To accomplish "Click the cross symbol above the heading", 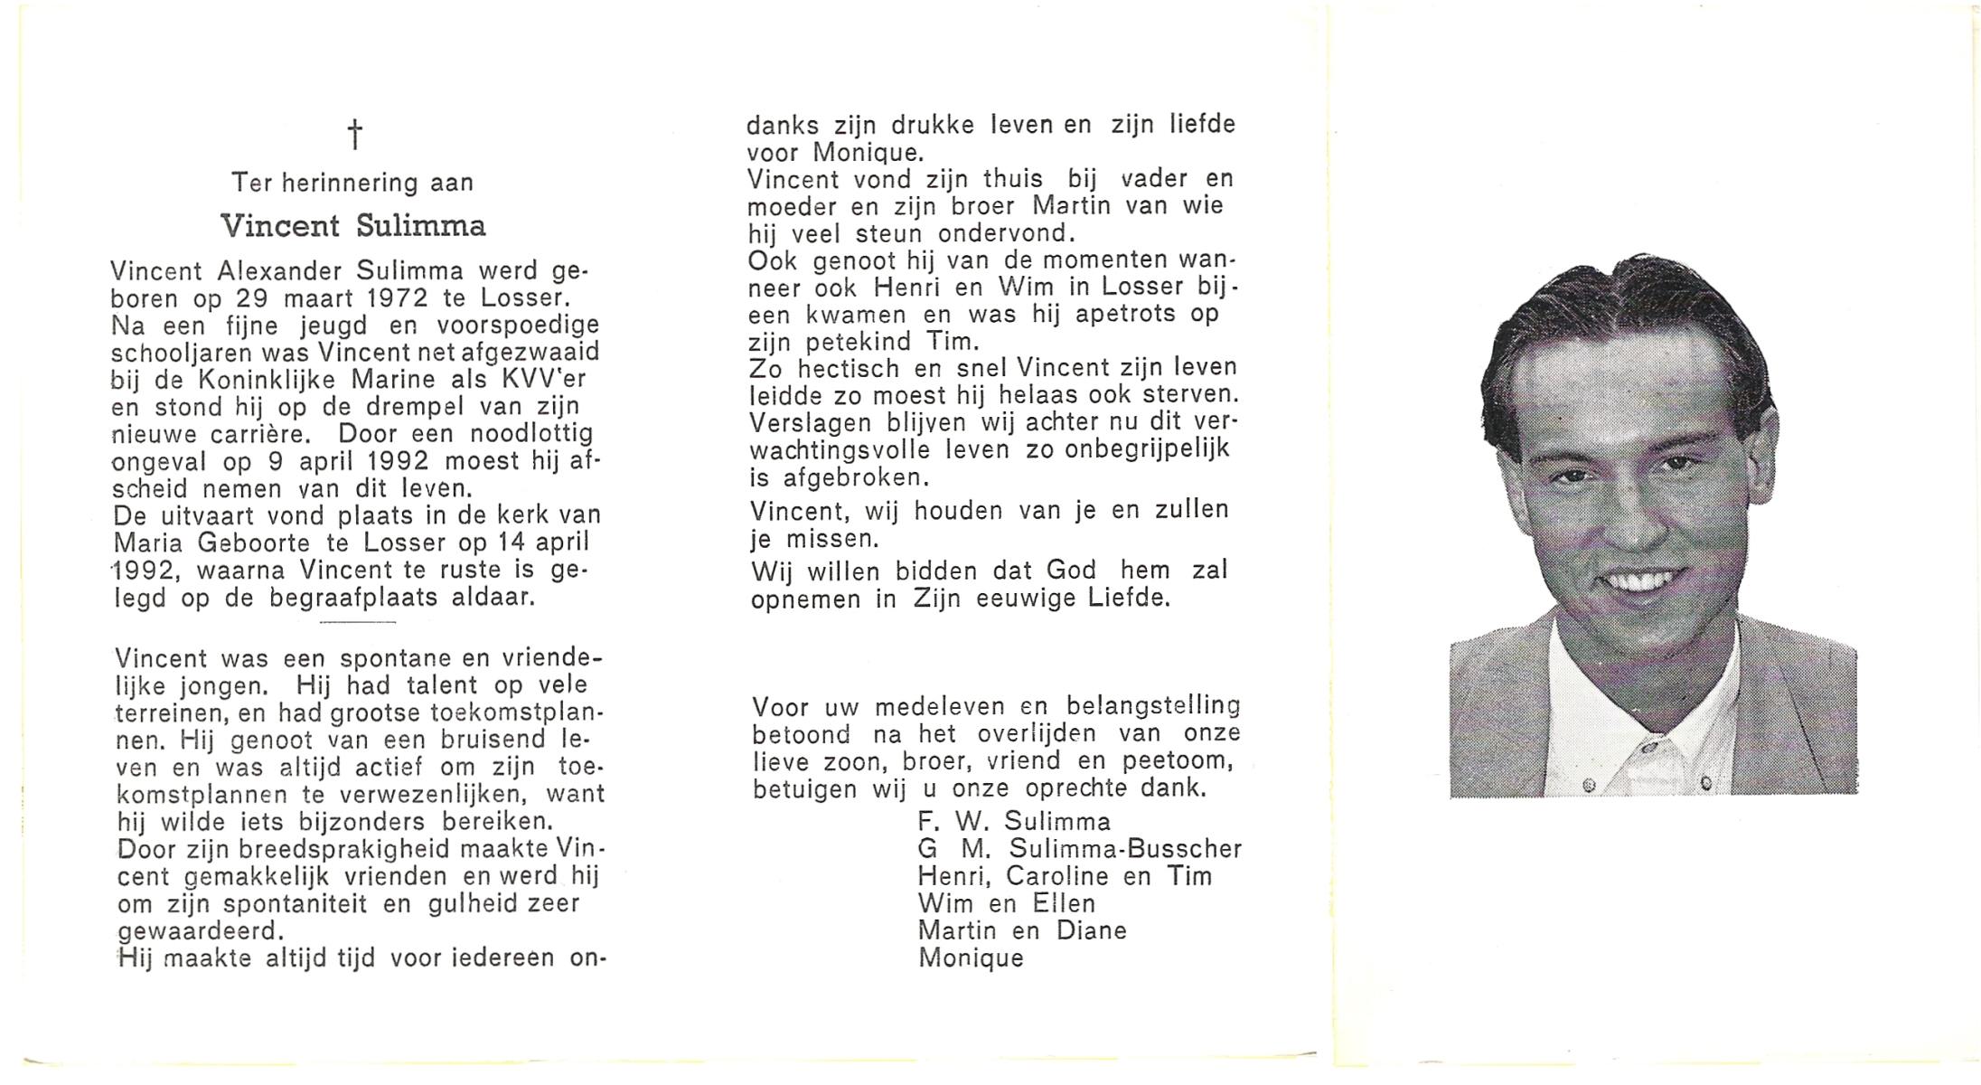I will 355,135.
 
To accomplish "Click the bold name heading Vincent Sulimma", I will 353,226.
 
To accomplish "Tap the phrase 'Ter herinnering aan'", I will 352,183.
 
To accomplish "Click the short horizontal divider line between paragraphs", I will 358,623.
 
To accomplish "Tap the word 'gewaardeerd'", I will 201,930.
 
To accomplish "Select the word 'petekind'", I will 844,342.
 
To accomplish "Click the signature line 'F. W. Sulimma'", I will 1013,821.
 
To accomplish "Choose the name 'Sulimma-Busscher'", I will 1125,849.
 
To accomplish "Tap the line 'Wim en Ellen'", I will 1006,903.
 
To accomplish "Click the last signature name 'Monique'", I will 971,958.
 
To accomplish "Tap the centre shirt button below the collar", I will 1644,748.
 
